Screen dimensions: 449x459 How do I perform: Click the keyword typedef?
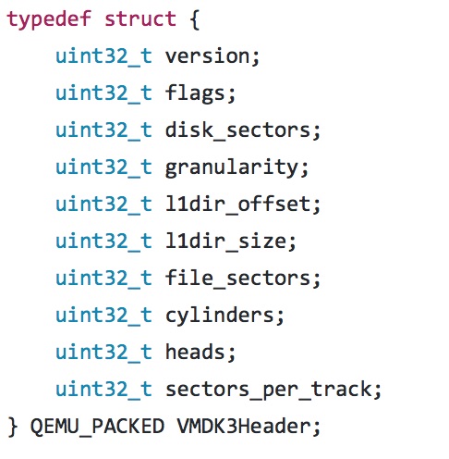49,19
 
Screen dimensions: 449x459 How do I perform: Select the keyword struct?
140,19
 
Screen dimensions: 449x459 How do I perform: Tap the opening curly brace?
195,20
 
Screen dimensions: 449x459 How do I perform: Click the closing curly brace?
12,427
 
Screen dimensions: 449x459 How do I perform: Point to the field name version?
209,56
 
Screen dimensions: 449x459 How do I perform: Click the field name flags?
196,93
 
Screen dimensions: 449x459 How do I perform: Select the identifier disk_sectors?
238,130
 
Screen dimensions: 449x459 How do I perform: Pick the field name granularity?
233,168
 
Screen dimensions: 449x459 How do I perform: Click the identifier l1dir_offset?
238,205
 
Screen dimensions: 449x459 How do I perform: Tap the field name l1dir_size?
226,242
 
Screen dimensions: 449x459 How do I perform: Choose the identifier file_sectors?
238,279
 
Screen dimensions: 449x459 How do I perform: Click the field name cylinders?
220,316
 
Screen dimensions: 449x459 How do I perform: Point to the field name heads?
196,353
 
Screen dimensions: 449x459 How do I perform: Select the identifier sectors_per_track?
269,390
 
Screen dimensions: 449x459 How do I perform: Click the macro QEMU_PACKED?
97,427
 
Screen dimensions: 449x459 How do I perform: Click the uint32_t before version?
103,56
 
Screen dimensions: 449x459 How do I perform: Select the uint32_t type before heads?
103,353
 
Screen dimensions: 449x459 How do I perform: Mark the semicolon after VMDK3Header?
317,428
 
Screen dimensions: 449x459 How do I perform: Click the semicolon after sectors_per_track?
378,391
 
